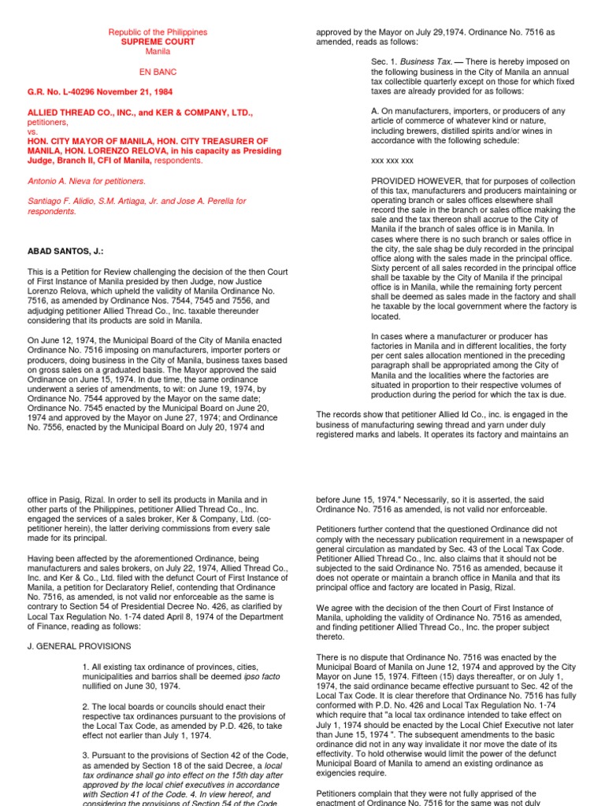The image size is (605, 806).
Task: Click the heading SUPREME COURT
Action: (x=158, y=42)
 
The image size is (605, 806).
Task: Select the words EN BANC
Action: (x=158, y=71)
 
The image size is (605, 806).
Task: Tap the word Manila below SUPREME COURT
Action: (x=158, y=51)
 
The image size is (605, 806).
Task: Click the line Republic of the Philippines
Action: (x=158, y=32)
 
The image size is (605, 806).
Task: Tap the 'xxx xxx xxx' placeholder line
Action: (x=392, y=161)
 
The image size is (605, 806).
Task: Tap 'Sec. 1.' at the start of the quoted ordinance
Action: (x=384, y=61)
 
